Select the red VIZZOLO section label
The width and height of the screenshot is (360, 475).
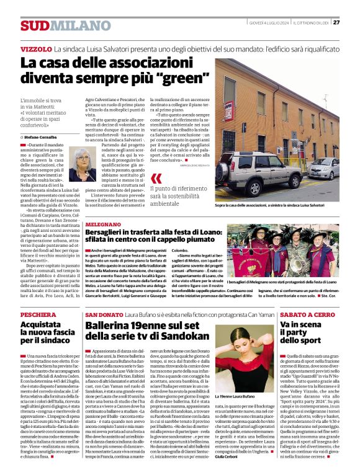[35, 48]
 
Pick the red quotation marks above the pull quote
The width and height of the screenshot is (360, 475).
[156, 180]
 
